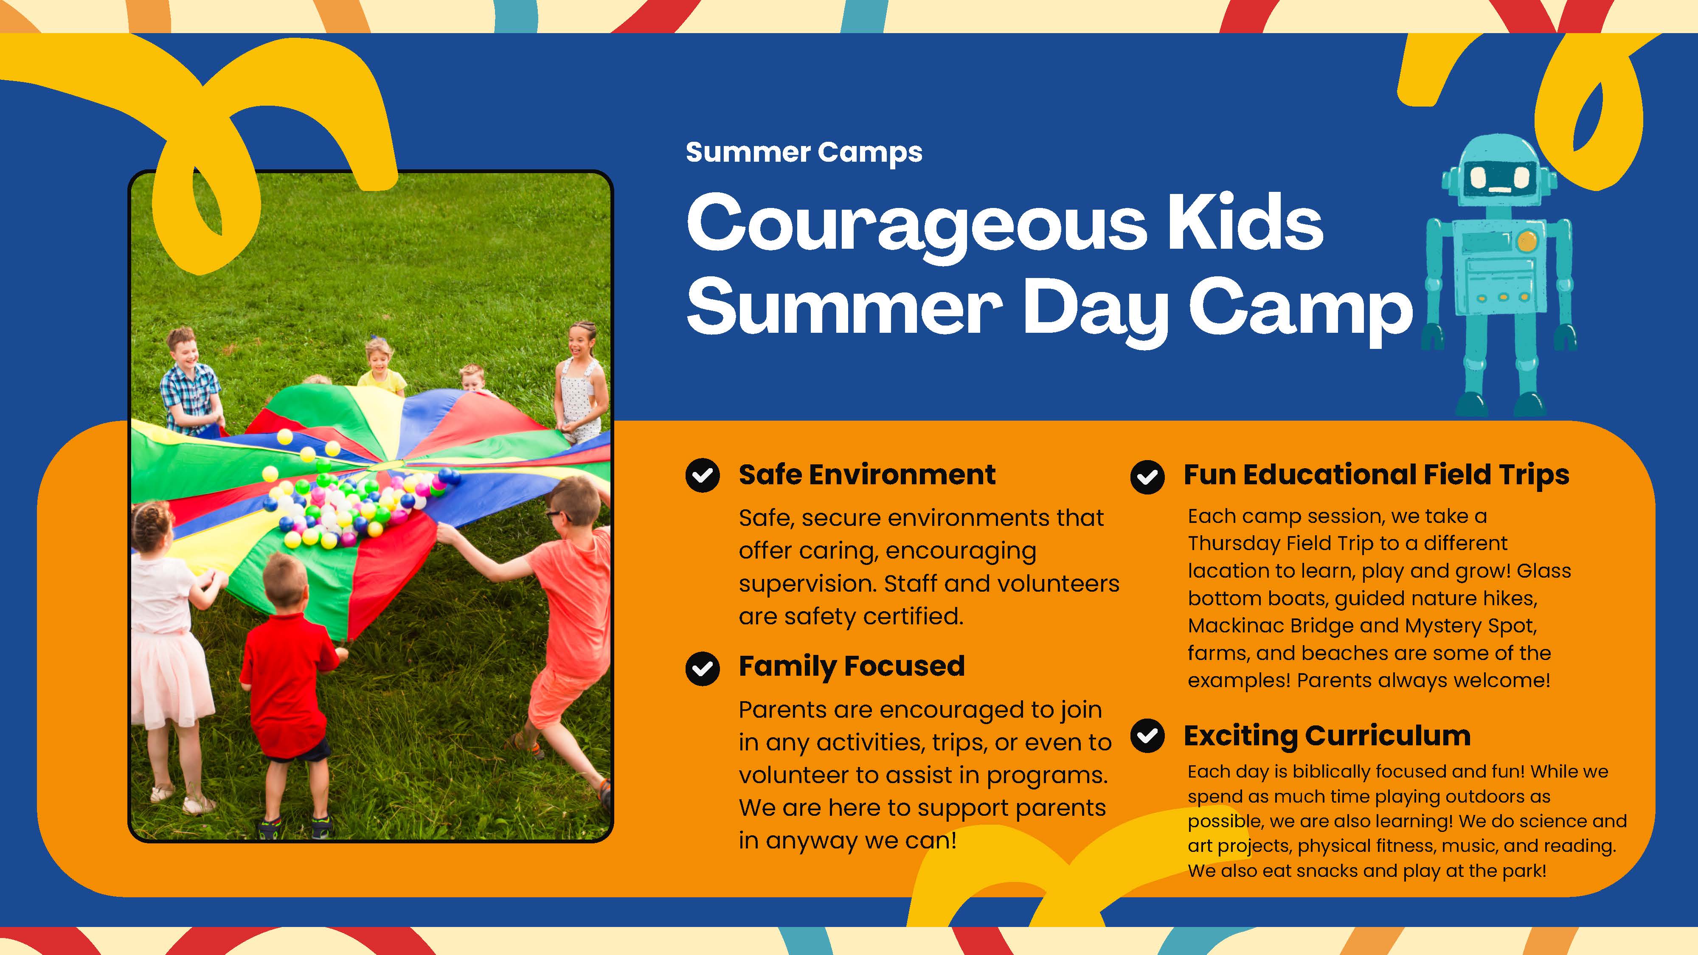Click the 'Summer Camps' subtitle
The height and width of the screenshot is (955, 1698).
pyautogui.click(x=804, y=152)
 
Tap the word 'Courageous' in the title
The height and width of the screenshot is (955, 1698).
pyautogui.click(x=916, y=224)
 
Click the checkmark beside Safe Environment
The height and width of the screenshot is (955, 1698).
pyautogui.click(x=702, y=475)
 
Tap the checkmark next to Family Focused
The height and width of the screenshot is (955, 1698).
pyautogui.click(x=702, y=668)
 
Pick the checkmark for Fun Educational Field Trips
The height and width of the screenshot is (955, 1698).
pyautogui.click(x=1147, y=477)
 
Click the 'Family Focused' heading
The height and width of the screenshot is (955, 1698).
pyautogui.click(x=851, y=666)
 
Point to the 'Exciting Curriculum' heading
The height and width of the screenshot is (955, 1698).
pyautogui.click(x=1327, y=736)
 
